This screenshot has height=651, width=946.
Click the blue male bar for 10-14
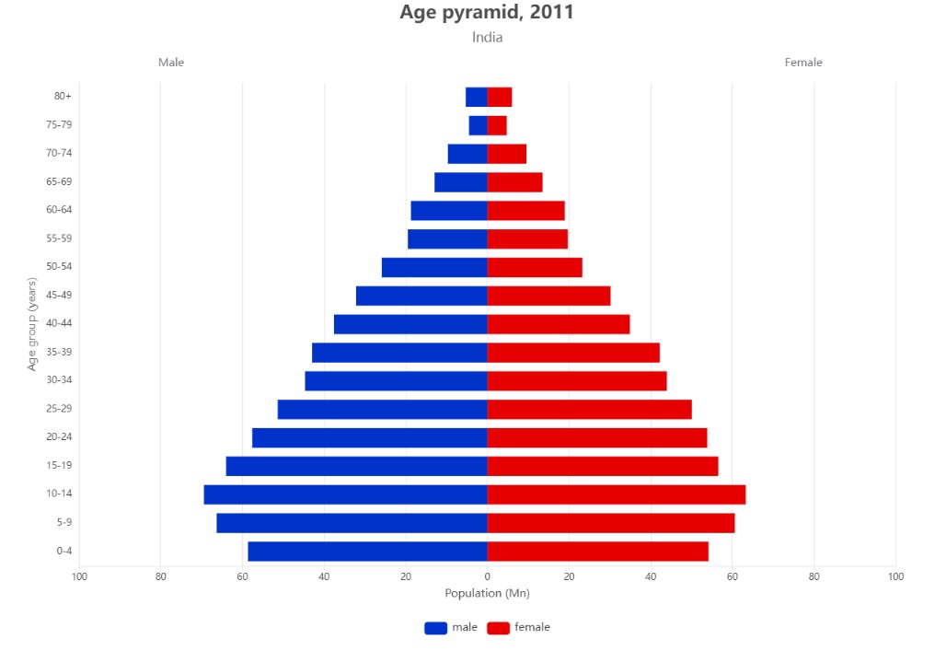click(345, 494)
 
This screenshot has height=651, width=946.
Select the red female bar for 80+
click(499, 97)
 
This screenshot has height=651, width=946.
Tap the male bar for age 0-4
click(367, 552)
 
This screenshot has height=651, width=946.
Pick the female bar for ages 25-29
click(589, 410)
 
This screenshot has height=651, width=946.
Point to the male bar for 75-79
click(478, 125)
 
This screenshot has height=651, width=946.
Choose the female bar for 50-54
click(535, 267)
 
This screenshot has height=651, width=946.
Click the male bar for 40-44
click(410, 324)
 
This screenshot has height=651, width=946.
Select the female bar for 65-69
click(514, 182)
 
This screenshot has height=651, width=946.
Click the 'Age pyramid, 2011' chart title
click(487, 13)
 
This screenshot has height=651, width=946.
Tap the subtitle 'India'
click(487, 38)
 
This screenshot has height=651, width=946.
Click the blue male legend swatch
click(435, 628)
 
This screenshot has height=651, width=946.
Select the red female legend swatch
click(498, 628)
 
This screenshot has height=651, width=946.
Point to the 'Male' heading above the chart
click(171, 63)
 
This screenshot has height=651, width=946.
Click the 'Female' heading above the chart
click(803, 63)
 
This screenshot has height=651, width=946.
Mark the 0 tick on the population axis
click(487, 577)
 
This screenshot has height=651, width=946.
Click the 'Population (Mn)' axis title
click(487, 594)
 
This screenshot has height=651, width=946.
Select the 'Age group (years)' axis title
click(32, 324)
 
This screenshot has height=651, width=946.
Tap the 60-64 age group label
click(59, 210)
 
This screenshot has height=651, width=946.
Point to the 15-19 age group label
click(59, 466)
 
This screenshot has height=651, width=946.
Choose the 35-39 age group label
click(59, 353)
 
